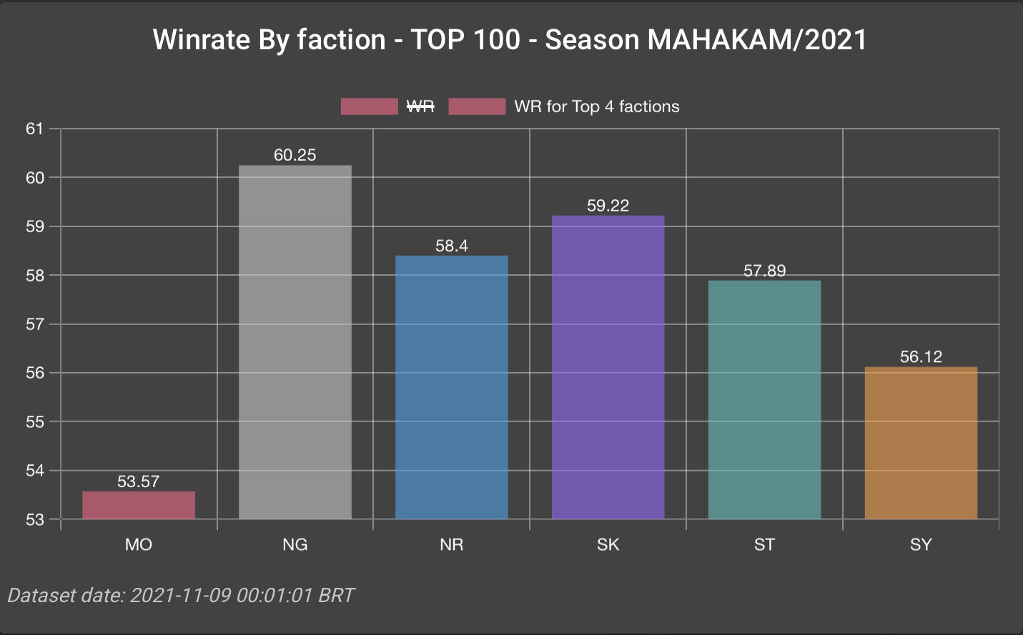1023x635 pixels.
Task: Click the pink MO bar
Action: click(139, 505)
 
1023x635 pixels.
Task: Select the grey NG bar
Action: click(295, 342)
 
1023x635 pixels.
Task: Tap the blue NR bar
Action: click(451, 387)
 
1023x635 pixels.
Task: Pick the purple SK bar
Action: click(608, 367)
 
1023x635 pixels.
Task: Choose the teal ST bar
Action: click(764, 399)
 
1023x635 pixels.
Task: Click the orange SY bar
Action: click(921, 443)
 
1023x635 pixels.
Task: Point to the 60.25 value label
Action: click(295, 155)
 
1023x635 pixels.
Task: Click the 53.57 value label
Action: click(139, 481)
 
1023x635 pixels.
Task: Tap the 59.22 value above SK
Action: click(608, 206)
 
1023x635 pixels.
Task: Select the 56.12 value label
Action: click(921, 356)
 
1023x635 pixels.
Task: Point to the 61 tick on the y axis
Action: click(34, 129)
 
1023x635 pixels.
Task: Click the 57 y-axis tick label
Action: click(34, 324)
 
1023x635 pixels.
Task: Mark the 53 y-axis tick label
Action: click(34, 520)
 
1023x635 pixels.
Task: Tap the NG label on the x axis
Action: click(295, 545)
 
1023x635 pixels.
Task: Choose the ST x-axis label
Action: click(764, 545)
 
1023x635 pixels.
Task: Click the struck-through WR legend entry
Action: click(420, 106)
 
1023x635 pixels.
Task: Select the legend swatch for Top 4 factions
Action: click(477, 106)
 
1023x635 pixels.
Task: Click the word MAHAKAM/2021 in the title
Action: click(757, 40)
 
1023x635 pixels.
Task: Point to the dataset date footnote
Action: click(181, 595)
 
